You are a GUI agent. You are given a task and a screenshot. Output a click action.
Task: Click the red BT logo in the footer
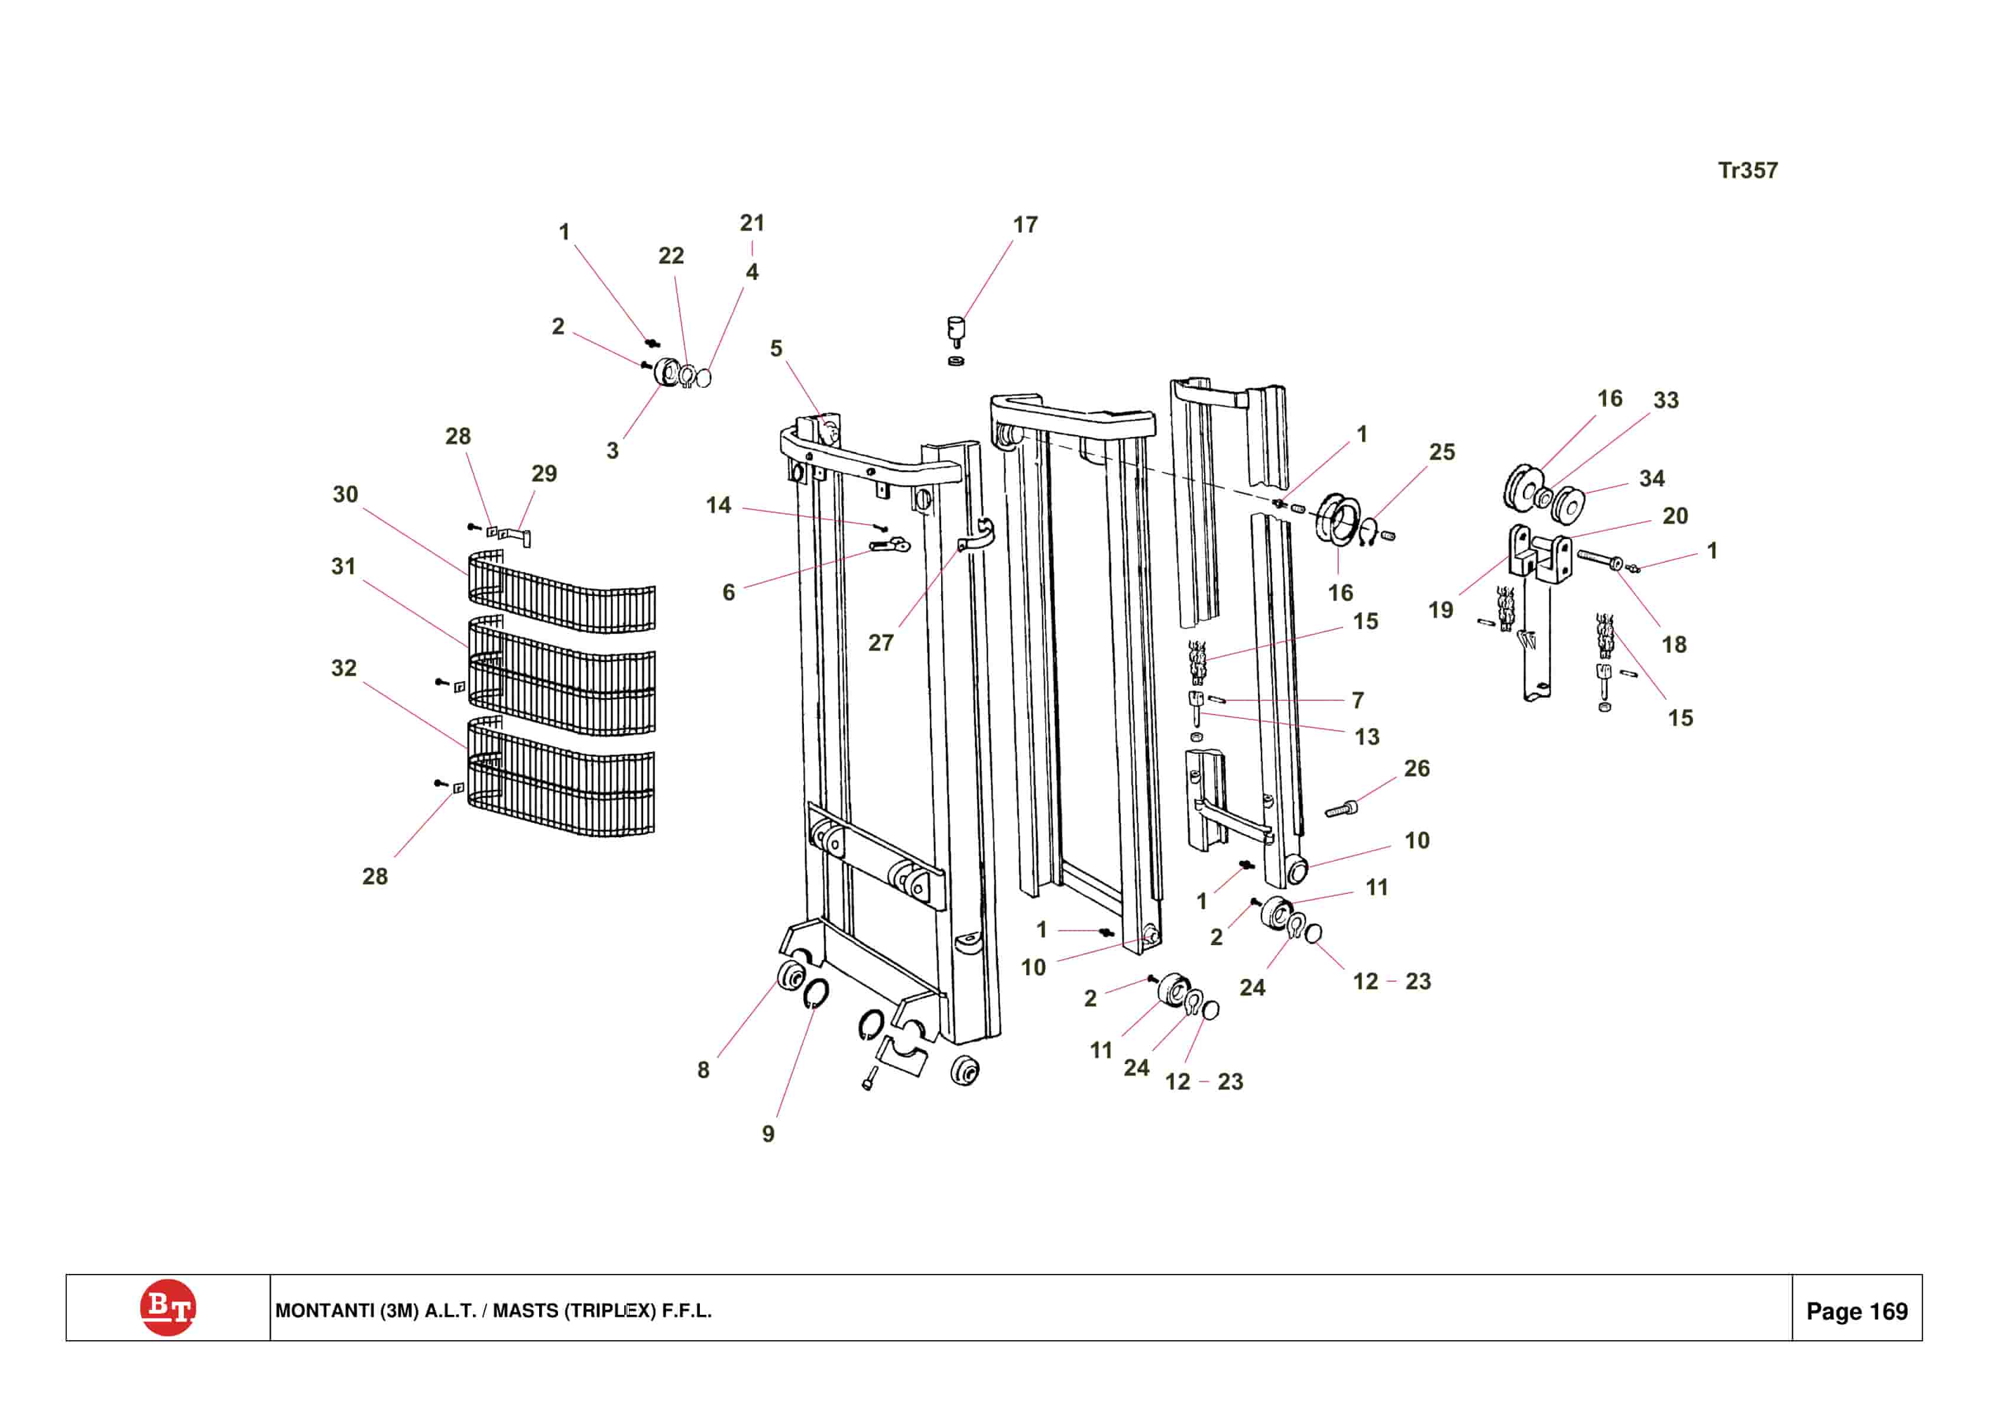click(x=167, y=1307)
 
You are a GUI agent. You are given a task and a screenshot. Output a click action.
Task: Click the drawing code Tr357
click(x=1747, y=171)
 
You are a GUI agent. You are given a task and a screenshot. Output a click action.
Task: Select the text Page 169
click(x=1857, y=1311)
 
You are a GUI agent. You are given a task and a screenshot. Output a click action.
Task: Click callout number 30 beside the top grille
click(x=345, y=494)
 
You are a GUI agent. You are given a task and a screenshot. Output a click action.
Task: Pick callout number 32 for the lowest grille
click(x=343, y=668)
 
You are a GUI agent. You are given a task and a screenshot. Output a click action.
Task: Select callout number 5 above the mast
click(x=776, y=349)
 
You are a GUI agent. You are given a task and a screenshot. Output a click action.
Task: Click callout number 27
click(x=880, y=643)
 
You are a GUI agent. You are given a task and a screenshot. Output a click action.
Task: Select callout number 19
click(x=1441, y=611)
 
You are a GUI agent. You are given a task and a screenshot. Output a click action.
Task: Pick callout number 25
click(x=1442, y=452)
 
